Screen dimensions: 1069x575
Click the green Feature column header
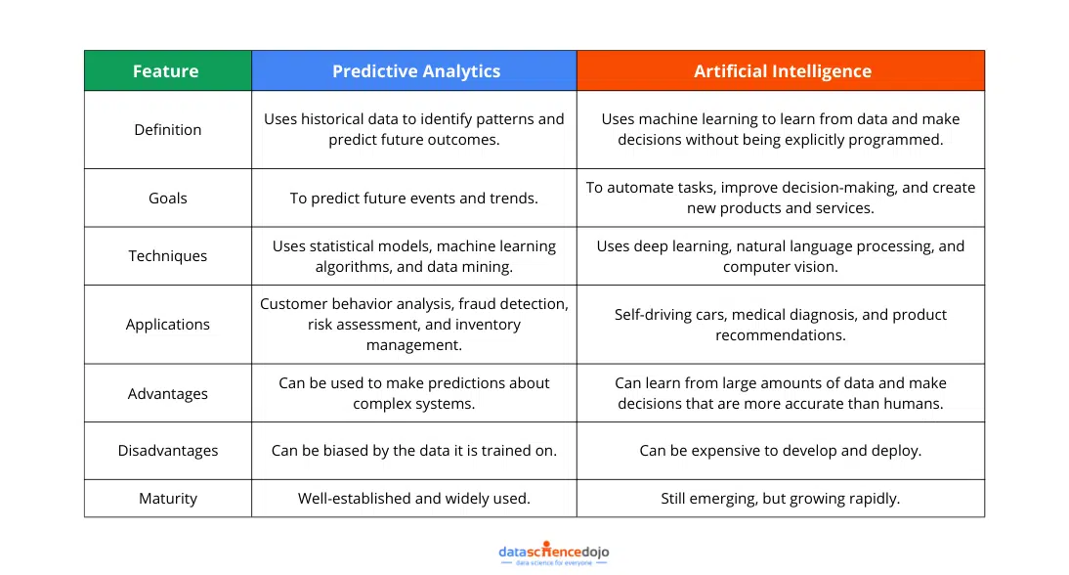(168, 70)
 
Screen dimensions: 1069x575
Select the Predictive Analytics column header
(414, 70)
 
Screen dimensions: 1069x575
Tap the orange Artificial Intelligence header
(781, 70)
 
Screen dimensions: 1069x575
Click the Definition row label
(168, 130)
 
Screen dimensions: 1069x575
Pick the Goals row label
(168, 198)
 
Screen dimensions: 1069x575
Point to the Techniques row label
(168, 256)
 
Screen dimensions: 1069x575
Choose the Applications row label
(168, 324)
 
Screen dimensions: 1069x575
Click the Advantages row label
(168, 393)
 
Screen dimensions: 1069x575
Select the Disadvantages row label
(168, 450)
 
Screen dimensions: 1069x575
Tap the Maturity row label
(168, 498)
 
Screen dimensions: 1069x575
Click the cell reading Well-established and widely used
(414, 498)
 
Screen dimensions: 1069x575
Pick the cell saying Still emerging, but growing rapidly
(781, 498)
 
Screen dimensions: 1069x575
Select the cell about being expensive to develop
(781, 450)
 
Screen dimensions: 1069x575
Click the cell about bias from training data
(414, 450)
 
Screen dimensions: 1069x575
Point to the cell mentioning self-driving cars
(781, 324)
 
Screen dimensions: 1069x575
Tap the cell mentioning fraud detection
(414, 324)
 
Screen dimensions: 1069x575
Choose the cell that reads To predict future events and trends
(414, 198)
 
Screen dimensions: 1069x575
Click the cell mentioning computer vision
(781, 256)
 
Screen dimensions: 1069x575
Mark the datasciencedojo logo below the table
(554, 553)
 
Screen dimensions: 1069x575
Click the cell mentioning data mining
(414, 256)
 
